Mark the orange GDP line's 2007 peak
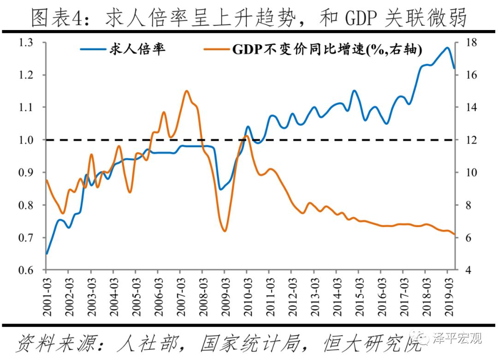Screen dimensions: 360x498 186,91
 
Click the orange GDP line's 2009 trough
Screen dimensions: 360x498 225,231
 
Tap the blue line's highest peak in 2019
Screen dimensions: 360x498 447,48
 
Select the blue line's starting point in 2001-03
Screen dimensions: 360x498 47,254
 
